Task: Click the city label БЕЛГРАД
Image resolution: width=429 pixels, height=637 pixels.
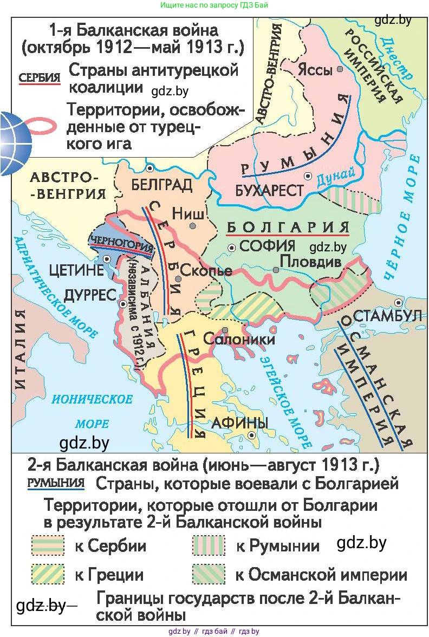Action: point(161,185)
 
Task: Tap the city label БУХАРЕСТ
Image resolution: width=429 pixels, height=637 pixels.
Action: point(269,191)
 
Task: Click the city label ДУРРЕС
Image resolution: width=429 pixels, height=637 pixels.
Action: point(90,295)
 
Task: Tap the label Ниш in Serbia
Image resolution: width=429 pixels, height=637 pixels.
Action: point(185,213)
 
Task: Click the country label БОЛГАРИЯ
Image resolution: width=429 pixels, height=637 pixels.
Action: point(288,226)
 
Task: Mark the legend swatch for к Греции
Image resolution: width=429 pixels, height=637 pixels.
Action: point(48,574)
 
